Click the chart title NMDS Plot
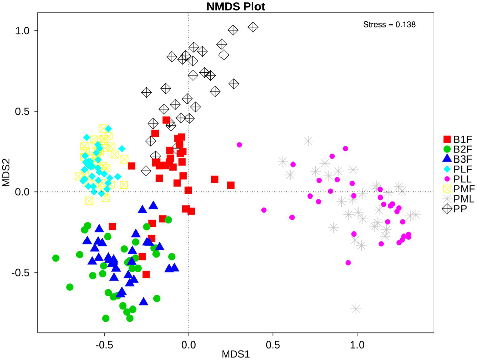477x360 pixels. coord(236,6)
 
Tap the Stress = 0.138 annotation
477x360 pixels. coord(389,25)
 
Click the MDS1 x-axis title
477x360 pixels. coord(236,354)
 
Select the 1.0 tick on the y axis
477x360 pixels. coord(23,31)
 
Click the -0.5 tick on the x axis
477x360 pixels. coord(104,345)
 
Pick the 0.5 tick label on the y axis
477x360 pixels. coord(23,111)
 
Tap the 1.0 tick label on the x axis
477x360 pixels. coord(357,345)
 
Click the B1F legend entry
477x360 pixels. coord(457,139)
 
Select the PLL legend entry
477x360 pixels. coord(457,179)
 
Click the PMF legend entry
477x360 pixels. coord(457,189)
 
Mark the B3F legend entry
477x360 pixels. coord(457,159)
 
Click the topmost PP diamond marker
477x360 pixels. coord(253,27)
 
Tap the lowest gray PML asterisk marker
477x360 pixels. coord(356,308)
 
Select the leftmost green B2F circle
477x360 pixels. coord(56,258)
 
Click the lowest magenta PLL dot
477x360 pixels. coord(348,263)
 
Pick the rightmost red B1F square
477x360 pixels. coord(231,185)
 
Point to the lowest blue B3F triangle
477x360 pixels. coord(144,301)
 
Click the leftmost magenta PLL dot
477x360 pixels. coord(239,145)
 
